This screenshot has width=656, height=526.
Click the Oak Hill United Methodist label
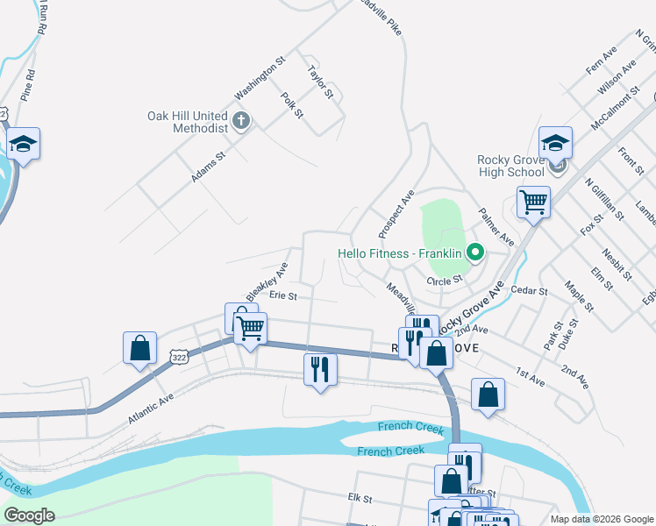(187, 122)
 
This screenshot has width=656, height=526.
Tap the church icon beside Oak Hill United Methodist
(242, 121)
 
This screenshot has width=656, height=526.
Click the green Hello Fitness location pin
(475, 253)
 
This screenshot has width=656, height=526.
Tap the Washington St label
(260, 79)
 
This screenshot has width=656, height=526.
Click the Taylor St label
(320, 81)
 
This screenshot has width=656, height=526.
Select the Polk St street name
(292, 105)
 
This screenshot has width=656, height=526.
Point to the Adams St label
(209, 166)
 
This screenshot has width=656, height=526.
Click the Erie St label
(283, 296)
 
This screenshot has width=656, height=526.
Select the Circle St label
(444, 281)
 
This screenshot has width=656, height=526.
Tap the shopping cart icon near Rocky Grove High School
(533, 203)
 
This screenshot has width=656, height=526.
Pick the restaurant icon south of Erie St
(319, 368)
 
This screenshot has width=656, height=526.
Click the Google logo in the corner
(30, 515)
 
